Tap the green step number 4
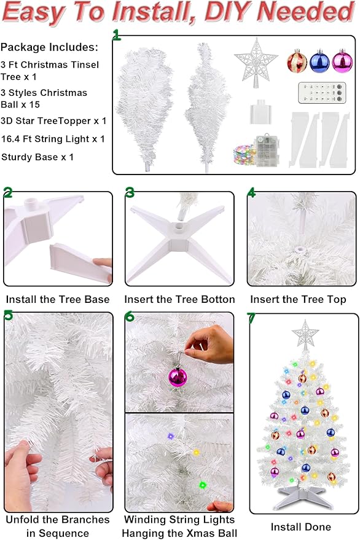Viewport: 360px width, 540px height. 251,192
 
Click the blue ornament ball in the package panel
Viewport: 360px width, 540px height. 319,61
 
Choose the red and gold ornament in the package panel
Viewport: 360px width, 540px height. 297,61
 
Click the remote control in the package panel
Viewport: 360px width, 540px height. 322,93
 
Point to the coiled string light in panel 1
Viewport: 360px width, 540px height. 244,154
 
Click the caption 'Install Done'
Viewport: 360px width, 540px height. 301,526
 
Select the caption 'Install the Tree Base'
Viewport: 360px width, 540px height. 58,300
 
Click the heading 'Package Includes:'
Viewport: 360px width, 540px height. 49,47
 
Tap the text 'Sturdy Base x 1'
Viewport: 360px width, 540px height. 37,157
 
